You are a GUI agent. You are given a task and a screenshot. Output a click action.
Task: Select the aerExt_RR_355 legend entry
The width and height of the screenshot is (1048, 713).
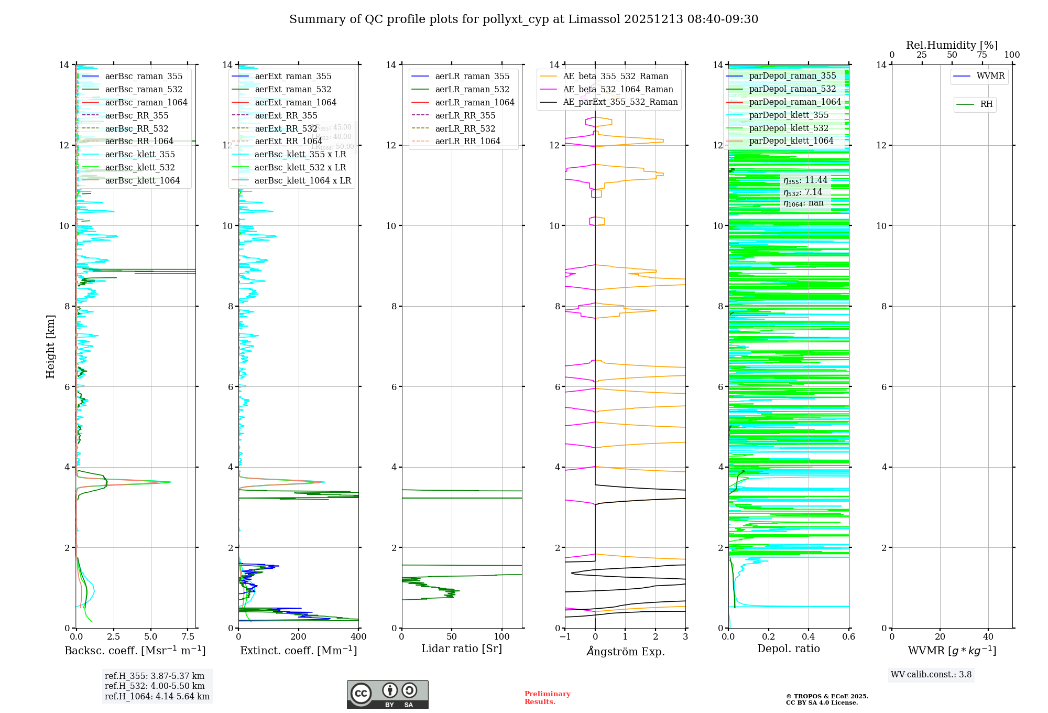click(x=286, y=115)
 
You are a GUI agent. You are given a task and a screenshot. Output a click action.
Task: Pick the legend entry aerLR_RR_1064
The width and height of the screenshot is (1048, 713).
click(x=467, y=141)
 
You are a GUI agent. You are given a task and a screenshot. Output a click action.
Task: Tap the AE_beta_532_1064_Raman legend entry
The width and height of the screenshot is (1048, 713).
click(x=618, y=89)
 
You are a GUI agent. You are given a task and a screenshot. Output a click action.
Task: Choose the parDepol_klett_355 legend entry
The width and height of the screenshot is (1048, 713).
click(x=789, y=115)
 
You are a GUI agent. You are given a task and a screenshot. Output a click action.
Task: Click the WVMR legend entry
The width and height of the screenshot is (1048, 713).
click(x=990, y=76)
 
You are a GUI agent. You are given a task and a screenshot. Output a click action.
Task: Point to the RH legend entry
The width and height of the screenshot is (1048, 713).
click(x=986, y=104)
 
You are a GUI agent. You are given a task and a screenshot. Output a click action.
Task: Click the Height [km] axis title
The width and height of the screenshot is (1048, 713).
click(x=50, y=346)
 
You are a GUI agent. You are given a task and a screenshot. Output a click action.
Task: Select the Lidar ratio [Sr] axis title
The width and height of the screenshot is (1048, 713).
click(x=462, y=649)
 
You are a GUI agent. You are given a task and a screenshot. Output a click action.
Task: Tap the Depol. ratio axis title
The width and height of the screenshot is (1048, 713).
click(x=789, y=649)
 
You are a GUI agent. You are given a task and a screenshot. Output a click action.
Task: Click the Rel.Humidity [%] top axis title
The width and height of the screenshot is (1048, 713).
click(x=952, y=45)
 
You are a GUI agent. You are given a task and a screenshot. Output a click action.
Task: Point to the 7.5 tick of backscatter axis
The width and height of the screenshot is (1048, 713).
click(x=188, y=637)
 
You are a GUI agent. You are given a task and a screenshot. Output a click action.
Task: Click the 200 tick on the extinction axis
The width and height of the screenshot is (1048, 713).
click(x=299, y=637)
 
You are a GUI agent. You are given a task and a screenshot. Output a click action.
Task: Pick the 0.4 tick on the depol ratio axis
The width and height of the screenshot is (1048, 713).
click(x=809, y=637)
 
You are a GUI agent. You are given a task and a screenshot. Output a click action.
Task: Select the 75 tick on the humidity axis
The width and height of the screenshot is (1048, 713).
click(x=982, y=55)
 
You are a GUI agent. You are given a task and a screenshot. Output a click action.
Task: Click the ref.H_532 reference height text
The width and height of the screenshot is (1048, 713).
click(x=155, y=686)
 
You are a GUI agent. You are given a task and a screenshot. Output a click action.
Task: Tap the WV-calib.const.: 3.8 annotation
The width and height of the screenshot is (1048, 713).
click(x=931, y=675)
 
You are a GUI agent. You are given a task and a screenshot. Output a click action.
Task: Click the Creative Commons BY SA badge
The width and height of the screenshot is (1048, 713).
click(x=387, y=695)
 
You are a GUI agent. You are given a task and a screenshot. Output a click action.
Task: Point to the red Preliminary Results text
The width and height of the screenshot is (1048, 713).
click(x=547, y=698)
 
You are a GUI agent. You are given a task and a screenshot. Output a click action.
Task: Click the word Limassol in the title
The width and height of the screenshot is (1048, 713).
click(x=598, y=19)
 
